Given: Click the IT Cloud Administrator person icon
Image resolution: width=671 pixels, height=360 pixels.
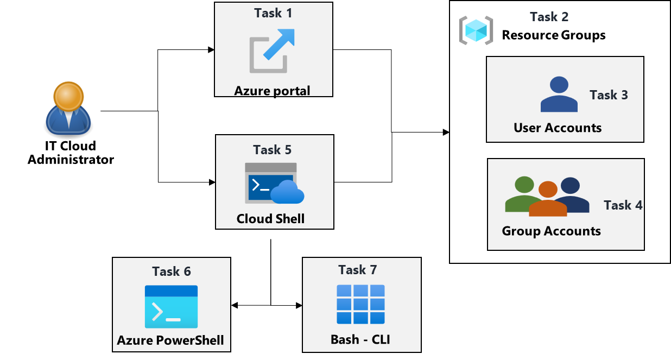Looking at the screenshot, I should click(x=67, y=109).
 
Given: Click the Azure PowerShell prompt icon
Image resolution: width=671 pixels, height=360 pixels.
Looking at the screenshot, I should click(x=171, y=307).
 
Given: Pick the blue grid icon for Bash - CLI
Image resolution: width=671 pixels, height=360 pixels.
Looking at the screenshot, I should click(x=360, y=304).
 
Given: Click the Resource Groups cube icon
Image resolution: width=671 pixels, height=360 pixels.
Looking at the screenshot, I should click(x=476, y=30).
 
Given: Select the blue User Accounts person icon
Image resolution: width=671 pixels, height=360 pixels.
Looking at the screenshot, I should click(x=559, y=94).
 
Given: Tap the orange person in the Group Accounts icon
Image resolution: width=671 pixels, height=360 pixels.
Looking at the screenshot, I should click(x=548, y=200).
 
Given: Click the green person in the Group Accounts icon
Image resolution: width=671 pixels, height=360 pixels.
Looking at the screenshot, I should click(x=523, y=194).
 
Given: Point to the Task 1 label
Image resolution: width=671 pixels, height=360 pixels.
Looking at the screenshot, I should click(x=273, y=13).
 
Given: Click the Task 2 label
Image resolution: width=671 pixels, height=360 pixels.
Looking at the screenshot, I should click(x=549, y=17).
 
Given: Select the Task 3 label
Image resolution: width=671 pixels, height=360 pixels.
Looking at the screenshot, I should click(x=609, y=95).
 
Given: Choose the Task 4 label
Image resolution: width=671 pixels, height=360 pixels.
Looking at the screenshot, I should click(x=623, y=205).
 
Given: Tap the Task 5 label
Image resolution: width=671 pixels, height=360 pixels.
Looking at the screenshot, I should click(x=273, y=150).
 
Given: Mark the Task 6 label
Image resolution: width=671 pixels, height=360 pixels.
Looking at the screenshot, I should click(x=172, y=271).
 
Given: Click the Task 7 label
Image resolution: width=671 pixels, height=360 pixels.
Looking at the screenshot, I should click(x=357, y=270).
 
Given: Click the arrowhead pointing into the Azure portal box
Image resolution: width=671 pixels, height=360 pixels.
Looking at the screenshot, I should click(x=212, y=50).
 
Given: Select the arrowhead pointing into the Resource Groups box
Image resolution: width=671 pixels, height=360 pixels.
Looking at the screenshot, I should click(x=446, y=132).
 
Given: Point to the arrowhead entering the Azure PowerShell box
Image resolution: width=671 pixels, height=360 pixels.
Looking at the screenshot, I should click(x=235, y=305).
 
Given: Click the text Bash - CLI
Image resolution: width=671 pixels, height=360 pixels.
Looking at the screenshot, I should click(x=360, y=340).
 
